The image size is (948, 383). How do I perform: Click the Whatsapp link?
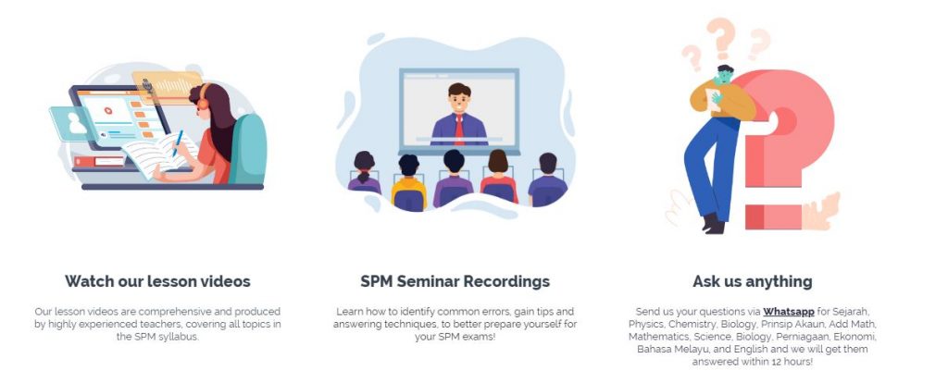[789, 312]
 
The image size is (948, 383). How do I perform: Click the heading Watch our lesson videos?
[157, 281]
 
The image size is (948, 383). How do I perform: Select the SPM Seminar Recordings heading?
[455, 281]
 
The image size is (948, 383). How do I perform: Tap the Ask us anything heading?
[753, 281]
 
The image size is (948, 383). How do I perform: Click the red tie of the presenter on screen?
[459, 130]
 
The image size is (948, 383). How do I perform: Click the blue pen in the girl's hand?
[177, 144]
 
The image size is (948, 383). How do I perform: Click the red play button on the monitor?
[108, 111]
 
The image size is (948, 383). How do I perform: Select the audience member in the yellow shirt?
[408, 183]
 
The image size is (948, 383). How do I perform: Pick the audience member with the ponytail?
[364, 173]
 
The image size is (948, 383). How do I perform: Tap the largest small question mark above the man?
[720, 37]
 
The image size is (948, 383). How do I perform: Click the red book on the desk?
[99, 161]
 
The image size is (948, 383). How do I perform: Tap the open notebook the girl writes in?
[161, 155]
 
